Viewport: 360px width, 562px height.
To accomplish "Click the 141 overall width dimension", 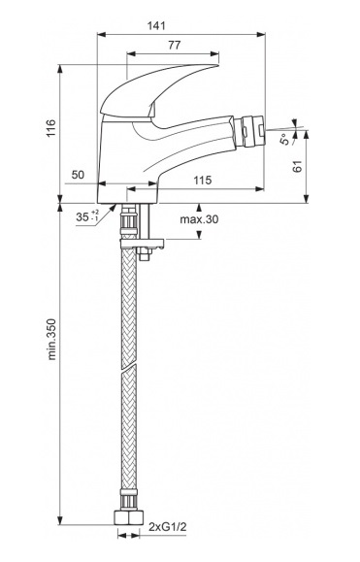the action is tap(156, 25).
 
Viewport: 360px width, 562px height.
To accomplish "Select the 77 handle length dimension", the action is tap(175, 46).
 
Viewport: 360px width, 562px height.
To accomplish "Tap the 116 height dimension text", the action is tap(50, 128).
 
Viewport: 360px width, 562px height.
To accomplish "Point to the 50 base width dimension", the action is tap(78, 175).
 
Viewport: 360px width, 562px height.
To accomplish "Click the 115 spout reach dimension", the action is tap(203, 181).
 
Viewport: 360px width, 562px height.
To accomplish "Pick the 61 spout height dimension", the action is tap(298, 167).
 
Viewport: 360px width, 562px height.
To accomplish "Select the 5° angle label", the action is tap(285, 139).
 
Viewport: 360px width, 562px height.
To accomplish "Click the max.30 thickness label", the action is tap(199, 219).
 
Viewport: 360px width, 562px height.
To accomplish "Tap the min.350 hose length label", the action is tap(52, 339).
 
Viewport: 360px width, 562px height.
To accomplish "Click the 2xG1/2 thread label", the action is tap(168, 527).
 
